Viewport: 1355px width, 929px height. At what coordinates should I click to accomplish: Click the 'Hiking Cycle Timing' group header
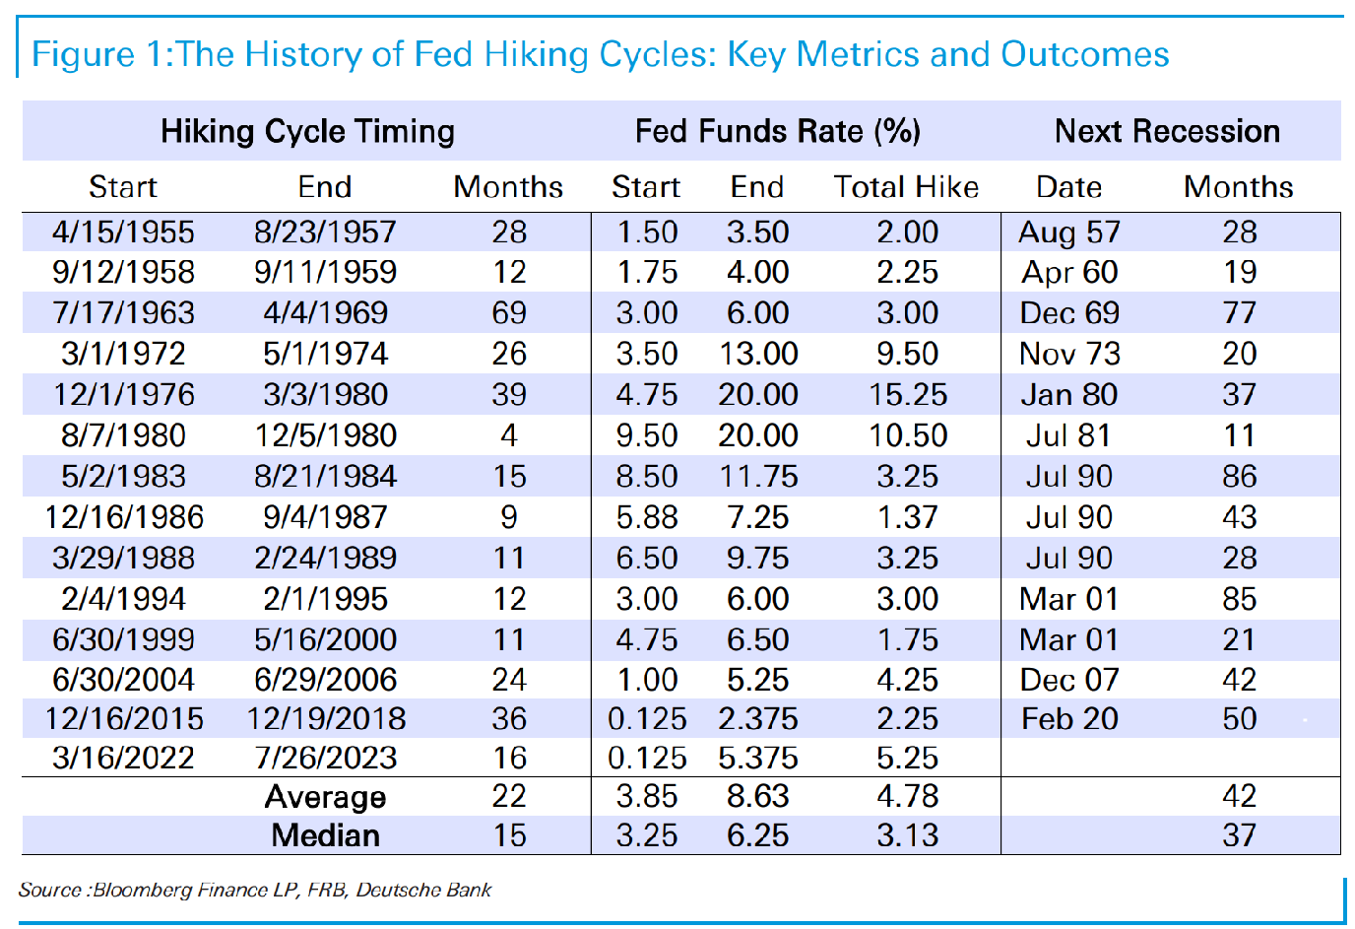[307, 131]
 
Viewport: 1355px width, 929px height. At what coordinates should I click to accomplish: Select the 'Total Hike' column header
[906, 186]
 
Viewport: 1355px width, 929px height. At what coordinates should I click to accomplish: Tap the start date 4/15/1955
[123, 232]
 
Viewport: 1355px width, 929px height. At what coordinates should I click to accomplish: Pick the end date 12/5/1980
[325, 435]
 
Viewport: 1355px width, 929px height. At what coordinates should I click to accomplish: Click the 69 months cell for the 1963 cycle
[509, 313]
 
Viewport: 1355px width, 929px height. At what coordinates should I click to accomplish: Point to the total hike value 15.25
[907, 395]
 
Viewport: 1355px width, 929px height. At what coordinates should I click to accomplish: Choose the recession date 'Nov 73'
[1069, 354]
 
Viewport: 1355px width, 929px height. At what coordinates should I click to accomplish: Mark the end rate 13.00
[758, 354]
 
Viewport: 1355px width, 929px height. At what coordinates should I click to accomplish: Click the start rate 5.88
[647, 517]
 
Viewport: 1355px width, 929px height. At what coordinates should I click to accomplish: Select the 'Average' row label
[325, 796]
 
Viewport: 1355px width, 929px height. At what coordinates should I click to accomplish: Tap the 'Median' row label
[325, 835]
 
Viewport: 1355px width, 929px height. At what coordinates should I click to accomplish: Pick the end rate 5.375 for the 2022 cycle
[758, 758]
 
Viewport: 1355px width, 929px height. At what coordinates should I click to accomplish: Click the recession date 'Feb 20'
[1069, 719]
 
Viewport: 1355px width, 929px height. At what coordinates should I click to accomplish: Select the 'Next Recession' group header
[1168, 131]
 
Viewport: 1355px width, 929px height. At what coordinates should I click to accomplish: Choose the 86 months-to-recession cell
[1240, 476]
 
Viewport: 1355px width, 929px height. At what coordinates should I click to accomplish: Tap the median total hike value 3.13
[907, 835]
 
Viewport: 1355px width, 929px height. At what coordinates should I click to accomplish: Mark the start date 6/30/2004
[123, 680]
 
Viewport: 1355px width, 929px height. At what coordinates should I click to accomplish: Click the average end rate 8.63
[758, 796]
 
